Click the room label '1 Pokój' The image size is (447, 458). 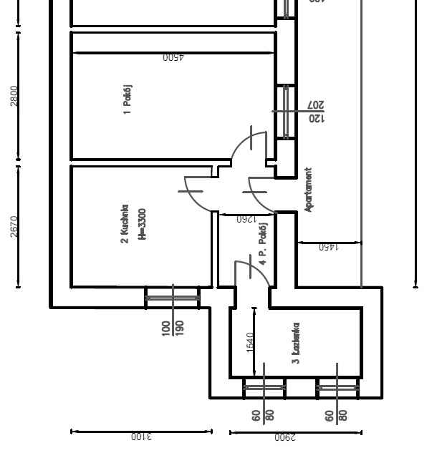[x=128, y=99]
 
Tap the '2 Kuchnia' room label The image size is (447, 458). [x=125, y=224]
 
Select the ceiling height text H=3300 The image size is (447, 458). [x=142, y=224]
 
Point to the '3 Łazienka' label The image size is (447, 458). [x=295, y=343]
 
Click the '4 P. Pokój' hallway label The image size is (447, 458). [x=263, y=247]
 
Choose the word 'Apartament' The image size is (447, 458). [x=309, y=190]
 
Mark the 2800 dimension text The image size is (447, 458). [x=14, y=95]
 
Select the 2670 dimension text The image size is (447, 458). [x=14, y=226]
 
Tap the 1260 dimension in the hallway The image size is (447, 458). [x=246, y=220]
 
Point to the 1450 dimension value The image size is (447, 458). [x=328, y=248]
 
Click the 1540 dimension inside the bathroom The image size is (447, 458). [x=250, y=341]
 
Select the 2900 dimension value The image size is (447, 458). [x=284, y=437]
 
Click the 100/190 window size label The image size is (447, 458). [x=173, y=328]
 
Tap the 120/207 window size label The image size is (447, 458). [x=316, y=112]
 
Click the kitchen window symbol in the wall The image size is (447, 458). [x=173, y=297]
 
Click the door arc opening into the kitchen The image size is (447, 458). [x=198, y=193]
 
